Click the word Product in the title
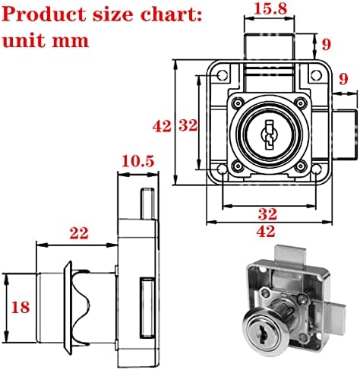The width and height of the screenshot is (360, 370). [x=45, y=14]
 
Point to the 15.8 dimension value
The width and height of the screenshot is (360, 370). [x=270, y=9]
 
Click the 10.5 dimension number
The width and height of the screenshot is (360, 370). [x=138, y=161]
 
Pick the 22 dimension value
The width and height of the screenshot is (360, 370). [x=79, y=233]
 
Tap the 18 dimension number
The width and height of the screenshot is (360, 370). [x=21, y=307]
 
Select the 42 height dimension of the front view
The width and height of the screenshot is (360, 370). [x=162, y=126]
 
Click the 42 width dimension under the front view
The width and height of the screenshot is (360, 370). [x=266, y=231]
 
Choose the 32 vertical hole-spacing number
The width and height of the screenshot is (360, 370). [x=188, y=125]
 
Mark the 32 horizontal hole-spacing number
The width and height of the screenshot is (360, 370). [x=267, y=214]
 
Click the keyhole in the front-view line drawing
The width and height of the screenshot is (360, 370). [x=268, y=134]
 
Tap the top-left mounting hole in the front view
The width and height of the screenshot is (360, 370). [x=223, y=75]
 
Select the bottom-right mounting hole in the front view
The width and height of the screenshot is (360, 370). [x=316, y=169]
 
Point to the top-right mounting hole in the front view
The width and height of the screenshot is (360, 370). [x=316, y=75]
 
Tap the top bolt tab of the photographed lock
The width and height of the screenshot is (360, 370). [x=290, y=254]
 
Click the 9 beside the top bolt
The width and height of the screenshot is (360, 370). [x=327, y=44]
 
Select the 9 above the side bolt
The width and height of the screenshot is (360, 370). [x=343, y=79]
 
